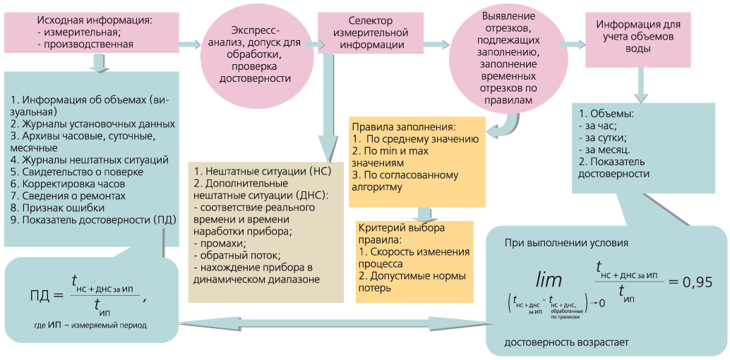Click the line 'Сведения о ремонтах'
coord(68,196)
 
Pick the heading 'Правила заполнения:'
coord(402,127)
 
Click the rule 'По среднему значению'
coord(413,139)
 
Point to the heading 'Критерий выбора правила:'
coord(402,235)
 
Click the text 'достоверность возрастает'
coord(566,342)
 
